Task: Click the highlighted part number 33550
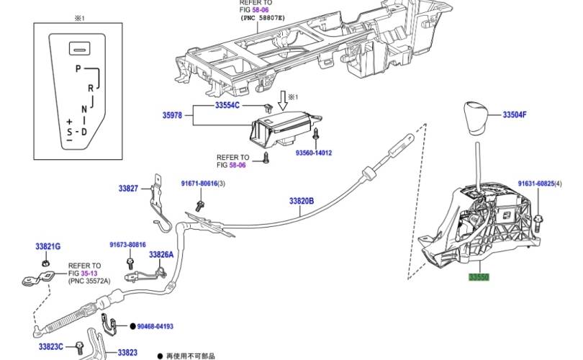[479, 276]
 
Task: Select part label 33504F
[515, 114]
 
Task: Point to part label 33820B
[302, 202]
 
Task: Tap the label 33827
[128, 189]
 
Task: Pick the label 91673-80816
[128, 245]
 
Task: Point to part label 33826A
[162, 255]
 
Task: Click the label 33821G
[48, 246]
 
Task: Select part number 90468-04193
[155, 327]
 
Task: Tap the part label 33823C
[50, 346]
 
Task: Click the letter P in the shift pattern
[77, 68]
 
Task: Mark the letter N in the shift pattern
[84, 109]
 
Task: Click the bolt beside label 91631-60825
[539, 219]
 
